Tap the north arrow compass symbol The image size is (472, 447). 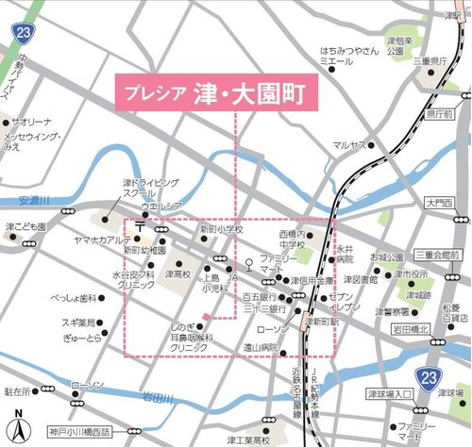point(17,425)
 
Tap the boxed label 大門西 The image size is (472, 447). point(439,203)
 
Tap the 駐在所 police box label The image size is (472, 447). point(19,389)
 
